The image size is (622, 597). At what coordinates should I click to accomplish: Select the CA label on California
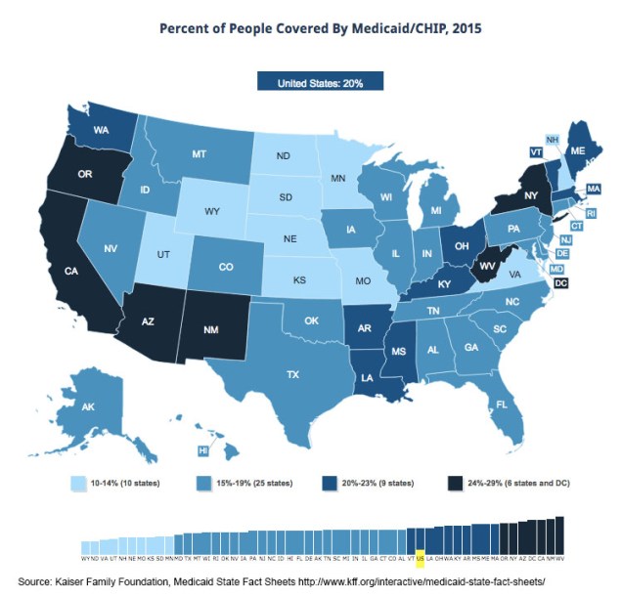point(70,271)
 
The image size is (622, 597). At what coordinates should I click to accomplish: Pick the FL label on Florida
point(502,404)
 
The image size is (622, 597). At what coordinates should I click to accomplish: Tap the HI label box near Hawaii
point(203,450)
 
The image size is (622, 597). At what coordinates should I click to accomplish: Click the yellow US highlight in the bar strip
point(421,560)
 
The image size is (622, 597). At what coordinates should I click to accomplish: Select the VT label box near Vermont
point(535,152)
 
